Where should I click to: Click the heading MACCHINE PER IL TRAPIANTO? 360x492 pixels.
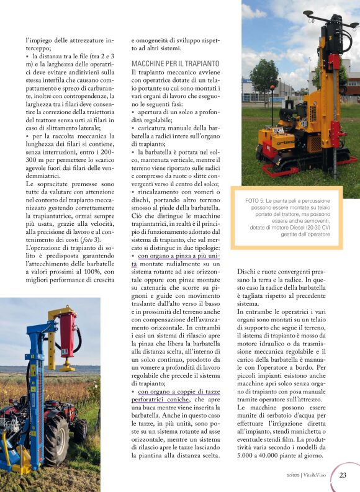point(175,64)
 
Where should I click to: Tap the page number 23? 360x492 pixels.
point(343,475)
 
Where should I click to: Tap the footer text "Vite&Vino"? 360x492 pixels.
point(317,476)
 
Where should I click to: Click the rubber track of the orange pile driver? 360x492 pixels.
point(292,168)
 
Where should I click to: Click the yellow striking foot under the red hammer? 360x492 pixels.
point(66,367)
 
